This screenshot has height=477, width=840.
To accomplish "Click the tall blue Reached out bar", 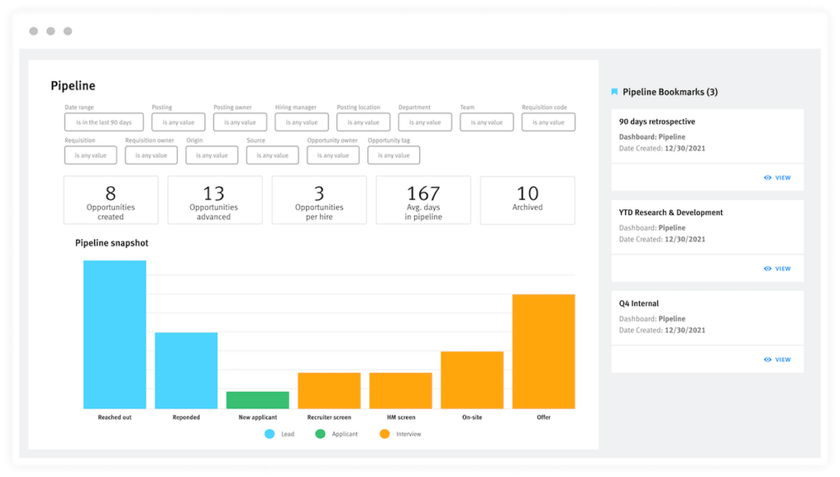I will (x=115, y=334).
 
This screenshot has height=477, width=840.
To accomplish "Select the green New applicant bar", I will (x=258, y=400).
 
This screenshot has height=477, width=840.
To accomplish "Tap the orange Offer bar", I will (x=543, y=351).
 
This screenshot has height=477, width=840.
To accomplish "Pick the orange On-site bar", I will (x=472, y=379).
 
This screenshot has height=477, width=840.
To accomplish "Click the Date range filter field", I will (x=103, y=122).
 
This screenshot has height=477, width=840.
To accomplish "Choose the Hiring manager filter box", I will (x=302, y=122).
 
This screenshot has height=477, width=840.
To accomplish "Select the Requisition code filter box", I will (x=548, y=122).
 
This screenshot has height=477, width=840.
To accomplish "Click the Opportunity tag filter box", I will (x=394, y=155).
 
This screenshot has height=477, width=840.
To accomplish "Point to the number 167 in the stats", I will (x=423, y=194).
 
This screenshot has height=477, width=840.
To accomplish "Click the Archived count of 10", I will (x=527, y=194).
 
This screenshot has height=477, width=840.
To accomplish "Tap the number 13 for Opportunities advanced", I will (x=214, y=194).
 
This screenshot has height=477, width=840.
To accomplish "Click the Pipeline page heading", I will (x=73, y=86).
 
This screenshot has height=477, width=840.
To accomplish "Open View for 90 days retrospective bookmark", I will (x=777, y=177).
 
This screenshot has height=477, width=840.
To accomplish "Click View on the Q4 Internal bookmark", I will (x=777, y=360).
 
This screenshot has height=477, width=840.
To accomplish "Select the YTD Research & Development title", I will (x=671, y=213).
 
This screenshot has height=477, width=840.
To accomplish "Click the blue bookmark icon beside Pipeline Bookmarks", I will (x=614, y=92).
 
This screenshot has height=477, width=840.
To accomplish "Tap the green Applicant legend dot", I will (x=320, y=433).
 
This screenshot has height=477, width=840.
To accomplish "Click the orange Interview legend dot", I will (x=384, y=433).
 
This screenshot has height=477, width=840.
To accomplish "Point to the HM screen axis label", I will (x=400, y=418).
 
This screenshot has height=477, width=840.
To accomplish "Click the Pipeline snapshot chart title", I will (x=112, y=243).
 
